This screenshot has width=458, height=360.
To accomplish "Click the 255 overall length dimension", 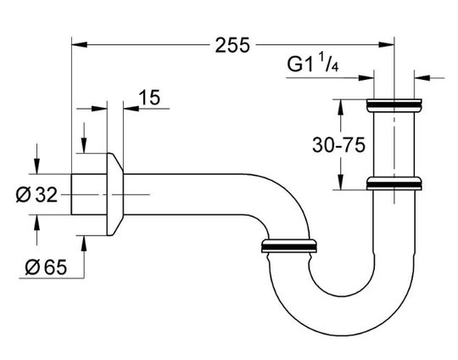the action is point(232,45).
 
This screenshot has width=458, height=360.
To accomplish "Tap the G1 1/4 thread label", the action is point(313,64).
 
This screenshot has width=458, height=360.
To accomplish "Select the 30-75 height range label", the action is point(338,144).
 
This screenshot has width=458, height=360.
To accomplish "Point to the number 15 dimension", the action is point(149,98).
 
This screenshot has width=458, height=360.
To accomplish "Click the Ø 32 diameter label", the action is point(36,194).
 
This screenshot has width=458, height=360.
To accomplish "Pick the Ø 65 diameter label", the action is point(46,267).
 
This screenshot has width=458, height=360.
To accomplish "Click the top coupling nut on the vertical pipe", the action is point(394,105).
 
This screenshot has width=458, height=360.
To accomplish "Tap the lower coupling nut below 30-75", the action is point(394,183).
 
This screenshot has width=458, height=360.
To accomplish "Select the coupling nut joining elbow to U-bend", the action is point(288,245).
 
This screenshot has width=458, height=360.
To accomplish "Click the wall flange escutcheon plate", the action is point(114,194).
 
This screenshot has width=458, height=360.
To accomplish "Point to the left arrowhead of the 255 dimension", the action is point(79,45).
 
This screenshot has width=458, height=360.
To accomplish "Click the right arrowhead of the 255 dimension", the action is point(387,45).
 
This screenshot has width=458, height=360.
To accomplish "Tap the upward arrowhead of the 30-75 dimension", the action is point(341,107).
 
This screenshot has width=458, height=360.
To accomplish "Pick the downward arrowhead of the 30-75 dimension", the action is point(341,182).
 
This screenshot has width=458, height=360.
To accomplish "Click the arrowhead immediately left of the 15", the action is point(131,109).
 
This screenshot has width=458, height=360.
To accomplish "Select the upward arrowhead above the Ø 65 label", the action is point(84,244).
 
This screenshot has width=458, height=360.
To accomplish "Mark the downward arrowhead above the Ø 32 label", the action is point(36,166).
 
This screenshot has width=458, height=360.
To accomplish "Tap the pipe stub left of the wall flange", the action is point(89,194).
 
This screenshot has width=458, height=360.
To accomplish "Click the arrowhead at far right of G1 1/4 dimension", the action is point(422,78).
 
